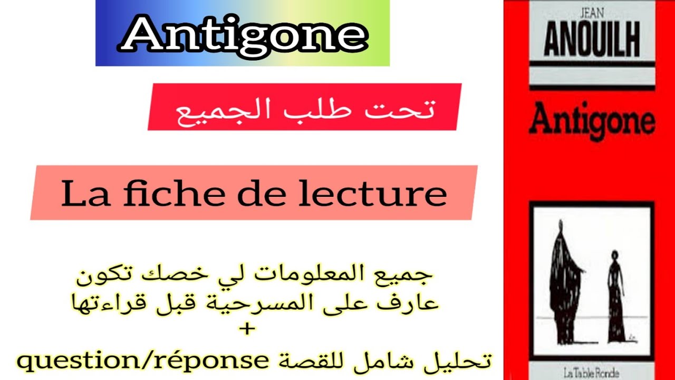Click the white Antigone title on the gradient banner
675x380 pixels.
(243, 34)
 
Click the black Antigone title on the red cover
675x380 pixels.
(592, 120)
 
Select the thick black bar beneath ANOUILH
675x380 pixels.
(591, 64)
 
